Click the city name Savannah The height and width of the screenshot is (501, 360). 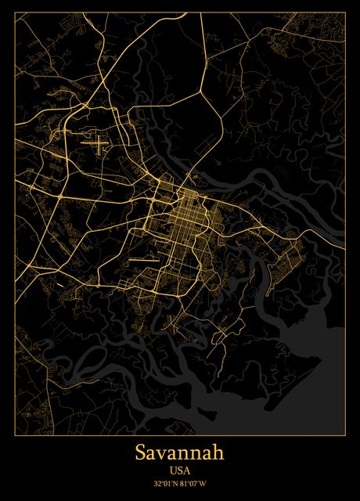[179, 453]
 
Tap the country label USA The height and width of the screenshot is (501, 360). [179, 470]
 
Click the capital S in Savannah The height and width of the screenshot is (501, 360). [140, 453]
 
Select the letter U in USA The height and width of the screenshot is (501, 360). [172, 470]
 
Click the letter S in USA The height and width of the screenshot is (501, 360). [179, 470]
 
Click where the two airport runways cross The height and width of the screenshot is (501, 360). [96, 143]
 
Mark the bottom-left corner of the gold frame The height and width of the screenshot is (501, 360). [14, 434]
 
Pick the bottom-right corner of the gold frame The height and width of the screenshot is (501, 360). [345, 434]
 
